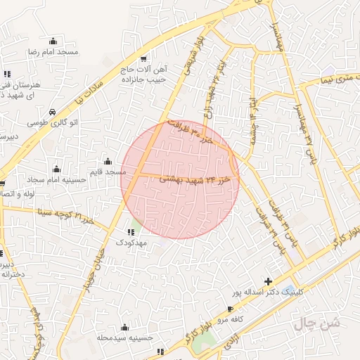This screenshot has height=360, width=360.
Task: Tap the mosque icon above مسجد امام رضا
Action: pos(53,41)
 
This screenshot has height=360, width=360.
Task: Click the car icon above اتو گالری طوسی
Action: pos(53,111)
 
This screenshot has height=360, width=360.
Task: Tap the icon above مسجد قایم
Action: pos(107,161)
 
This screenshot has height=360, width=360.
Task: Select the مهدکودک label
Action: pos(131,242)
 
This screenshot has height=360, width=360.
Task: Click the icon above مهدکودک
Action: pos(131,231)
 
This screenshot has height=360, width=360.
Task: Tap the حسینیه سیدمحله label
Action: pos(125,337)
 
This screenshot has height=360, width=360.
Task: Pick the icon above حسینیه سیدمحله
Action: pos(124,327)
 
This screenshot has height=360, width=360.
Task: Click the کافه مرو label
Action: pos(231,319)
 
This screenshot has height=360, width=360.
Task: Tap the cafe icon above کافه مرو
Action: pos(231,309)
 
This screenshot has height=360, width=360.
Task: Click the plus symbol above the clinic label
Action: pos(268,281)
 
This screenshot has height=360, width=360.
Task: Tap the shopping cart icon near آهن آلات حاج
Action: pos(144,59)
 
